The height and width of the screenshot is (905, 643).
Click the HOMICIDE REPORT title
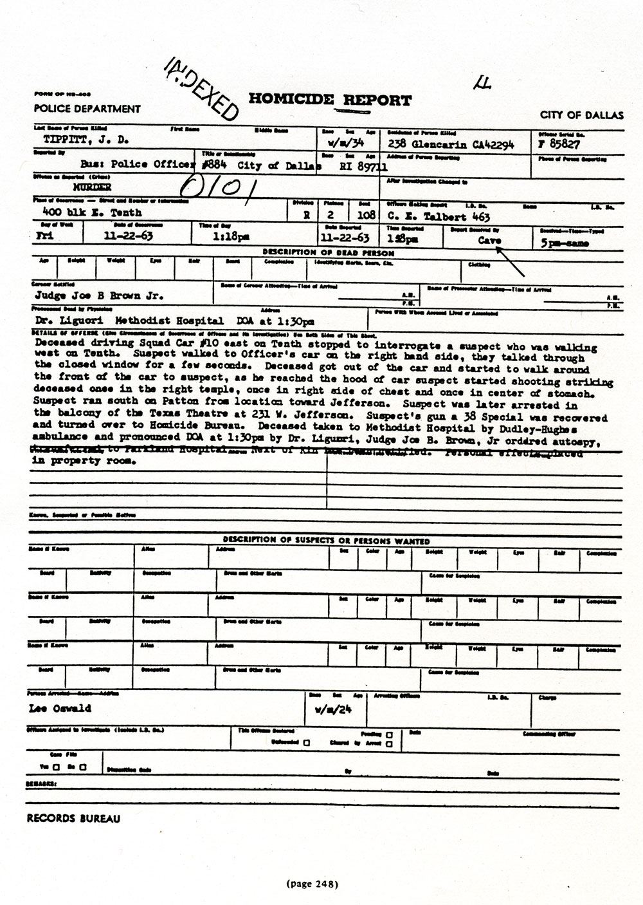tap(329, 100)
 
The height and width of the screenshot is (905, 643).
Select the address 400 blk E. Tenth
tap(92, 212)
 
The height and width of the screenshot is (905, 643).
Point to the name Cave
tap(489, 239)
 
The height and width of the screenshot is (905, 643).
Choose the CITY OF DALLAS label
tap(581, 115)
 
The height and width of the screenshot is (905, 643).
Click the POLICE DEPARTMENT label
tap(87, 109)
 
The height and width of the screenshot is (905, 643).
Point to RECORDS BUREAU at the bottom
tap(73, 819)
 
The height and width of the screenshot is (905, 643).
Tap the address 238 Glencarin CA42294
tap(450, 145)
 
